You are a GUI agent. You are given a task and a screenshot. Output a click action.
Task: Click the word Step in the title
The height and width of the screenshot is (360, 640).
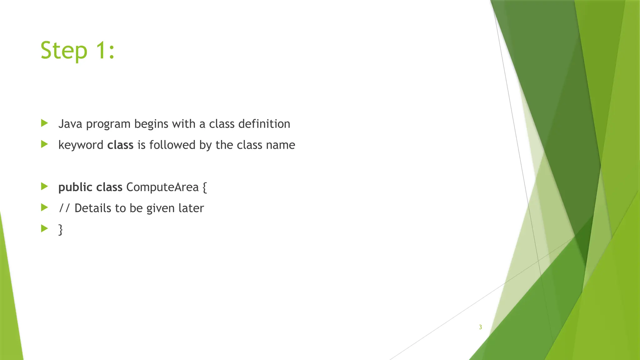coord(64,51)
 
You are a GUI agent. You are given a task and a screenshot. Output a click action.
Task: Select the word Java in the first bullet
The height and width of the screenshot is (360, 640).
coord(70,124)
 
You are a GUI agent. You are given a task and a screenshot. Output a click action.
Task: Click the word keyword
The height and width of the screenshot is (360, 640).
coord(81,145)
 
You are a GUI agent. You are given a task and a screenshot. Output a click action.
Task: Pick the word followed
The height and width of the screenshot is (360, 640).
coord(172,145)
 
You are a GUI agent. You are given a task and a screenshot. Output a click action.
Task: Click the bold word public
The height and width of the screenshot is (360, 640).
coord(75,187)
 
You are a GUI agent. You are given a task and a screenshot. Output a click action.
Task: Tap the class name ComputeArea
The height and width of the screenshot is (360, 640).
coord(162,187)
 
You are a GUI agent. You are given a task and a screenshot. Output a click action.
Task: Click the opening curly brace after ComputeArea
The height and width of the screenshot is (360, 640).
coord(205,187)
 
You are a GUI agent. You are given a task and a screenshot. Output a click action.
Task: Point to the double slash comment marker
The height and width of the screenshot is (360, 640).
coord(64,208)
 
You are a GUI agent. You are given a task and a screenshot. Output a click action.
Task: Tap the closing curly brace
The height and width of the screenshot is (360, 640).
coord(61,230)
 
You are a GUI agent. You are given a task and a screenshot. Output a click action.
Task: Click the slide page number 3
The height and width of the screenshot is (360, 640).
coord(480,327)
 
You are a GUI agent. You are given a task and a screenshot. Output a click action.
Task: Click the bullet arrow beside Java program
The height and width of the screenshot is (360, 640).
coord(44,123)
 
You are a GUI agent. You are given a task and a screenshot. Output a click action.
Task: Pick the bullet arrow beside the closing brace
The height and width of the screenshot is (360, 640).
coord(44,228)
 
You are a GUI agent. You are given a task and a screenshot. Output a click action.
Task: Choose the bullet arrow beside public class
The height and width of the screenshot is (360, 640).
coord(44,187)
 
